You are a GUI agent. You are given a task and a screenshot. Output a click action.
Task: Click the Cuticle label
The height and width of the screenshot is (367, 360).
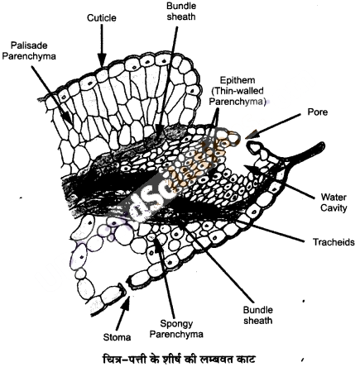102,18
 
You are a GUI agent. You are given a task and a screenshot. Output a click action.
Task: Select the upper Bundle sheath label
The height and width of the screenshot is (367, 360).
181,12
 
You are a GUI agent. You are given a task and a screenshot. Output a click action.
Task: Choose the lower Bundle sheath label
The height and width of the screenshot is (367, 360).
257,315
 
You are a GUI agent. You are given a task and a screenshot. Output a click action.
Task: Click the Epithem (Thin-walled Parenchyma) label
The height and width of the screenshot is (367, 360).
238,91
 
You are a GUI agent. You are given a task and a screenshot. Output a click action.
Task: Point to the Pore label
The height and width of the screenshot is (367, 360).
318,112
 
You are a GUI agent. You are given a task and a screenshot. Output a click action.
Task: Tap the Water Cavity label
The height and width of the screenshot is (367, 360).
334,203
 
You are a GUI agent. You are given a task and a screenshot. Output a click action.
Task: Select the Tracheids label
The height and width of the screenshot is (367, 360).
334,242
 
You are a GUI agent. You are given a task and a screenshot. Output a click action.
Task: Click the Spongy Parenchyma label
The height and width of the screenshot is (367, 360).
176,329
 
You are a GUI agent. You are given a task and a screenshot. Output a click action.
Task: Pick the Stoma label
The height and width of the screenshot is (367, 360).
117,337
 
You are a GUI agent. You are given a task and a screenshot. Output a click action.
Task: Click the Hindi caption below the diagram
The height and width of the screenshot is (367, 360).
179,359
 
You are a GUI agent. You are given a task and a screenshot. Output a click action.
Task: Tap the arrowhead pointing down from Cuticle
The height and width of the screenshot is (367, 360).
102,60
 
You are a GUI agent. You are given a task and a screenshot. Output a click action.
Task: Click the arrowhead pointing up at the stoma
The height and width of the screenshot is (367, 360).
126,304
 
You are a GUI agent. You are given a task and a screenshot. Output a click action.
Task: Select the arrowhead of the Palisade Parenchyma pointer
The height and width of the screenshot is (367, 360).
69,118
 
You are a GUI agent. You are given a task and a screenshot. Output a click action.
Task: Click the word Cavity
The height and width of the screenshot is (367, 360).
334,207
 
